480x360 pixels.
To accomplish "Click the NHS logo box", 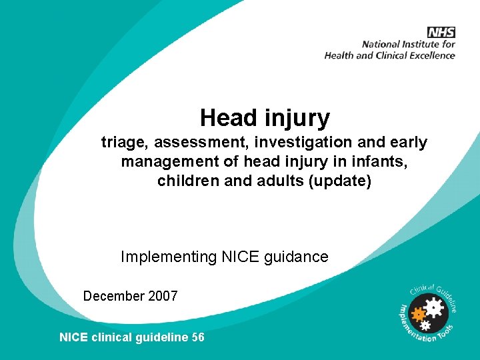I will tap(441, 32).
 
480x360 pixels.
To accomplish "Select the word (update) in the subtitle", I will tap(339, 181).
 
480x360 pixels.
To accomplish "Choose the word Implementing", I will tap(169, 256).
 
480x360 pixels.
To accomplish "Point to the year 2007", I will tap(163, 295).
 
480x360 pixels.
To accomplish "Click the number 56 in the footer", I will tap(197, 337).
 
